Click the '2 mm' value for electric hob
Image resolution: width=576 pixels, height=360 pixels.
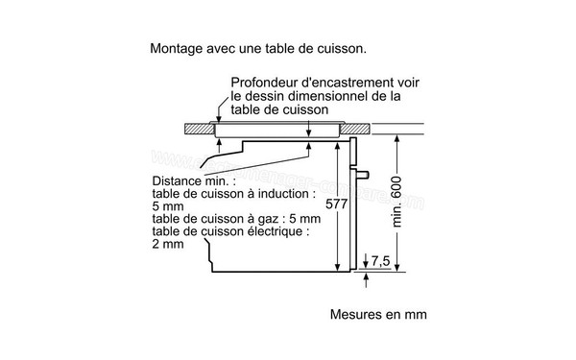(167, 243)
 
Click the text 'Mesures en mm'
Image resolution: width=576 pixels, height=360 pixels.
(377, 315)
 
